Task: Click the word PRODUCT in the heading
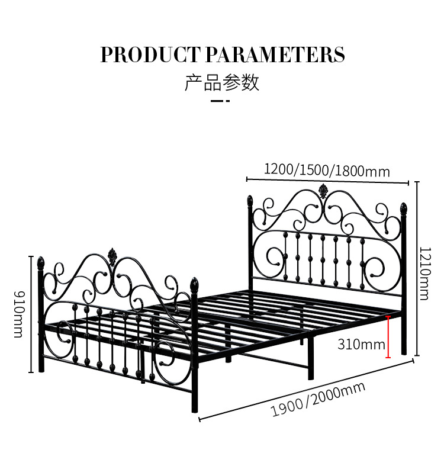150,54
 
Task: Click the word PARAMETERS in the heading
275,54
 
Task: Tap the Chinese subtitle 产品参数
222,82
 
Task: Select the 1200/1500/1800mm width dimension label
327,171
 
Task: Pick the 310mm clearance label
361,343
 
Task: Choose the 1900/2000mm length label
318,400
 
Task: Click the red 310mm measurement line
388,337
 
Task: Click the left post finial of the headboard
250,201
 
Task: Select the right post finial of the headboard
404,208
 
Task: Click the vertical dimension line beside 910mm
31,314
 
